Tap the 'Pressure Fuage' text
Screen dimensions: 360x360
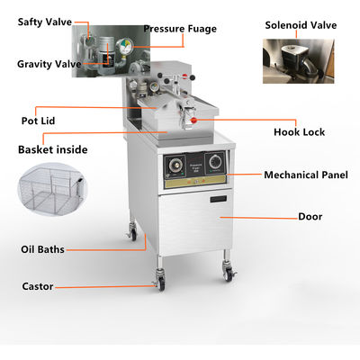pyautogui.click(x=180, y=29)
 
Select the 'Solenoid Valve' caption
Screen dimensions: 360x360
pyautogui.click(x=301, y=24)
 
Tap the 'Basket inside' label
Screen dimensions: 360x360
pyautogui.click(x=53, y=148)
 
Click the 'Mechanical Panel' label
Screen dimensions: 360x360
pyautogui.click(x=306, y=174)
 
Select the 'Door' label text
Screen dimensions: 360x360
pyautogui.click(x=310, y=217)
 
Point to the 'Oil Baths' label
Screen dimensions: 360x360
pyautogui.click(x=42, y=248)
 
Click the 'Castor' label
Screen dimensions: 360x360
pyautogui.click(x=37, y=286)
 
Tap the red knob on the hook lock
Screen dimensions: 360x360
pyautogui.click(x=193, y=118)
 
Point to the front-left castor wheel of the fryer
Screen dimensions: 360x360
pyautogui.click(x=162, y=283)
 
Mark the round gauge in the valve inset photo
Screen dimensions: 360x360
pyautogui.click(x=131, y=40)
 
